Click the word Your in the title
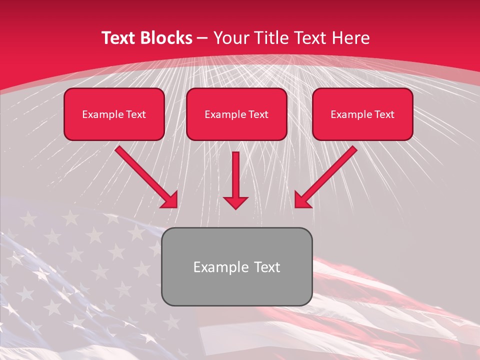(x=232, y=38)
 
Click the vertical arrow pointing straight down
(x=235, y=175)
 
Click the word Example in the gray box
(x=217, y=267)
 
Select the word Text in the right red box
(x=384, y=114)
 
